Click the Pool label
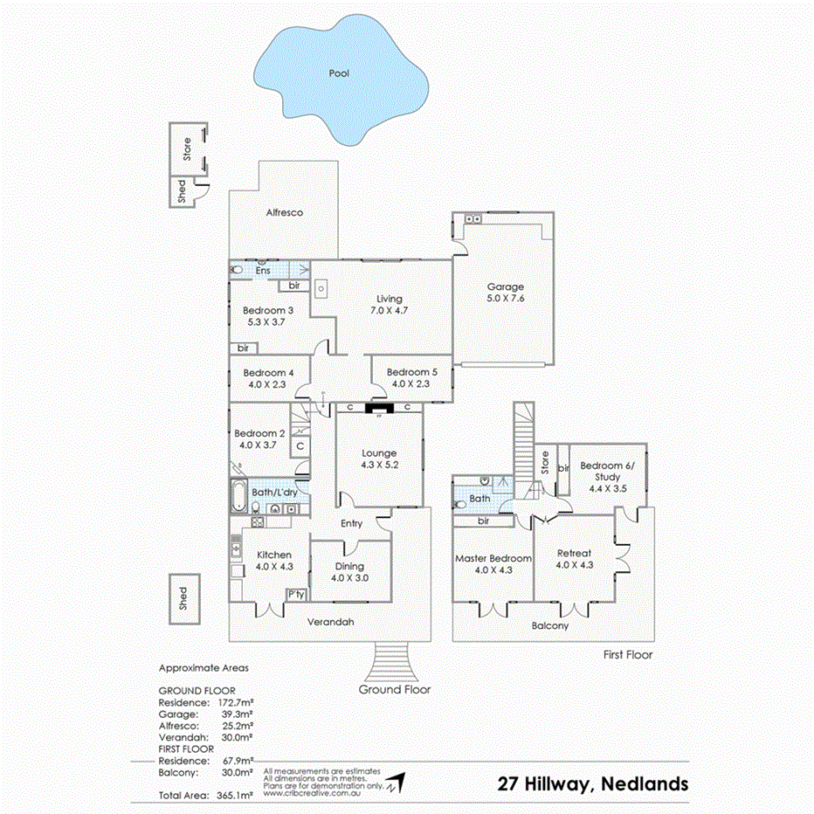point(339,74)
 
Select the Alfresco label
point(285,212)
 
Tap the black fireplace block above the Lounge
point(380,407)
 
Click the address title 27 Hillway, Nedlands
point(592,783)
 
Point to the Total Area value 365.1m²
point(233,796)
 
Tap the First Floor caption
point(627,654)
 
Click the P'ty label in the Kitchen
point(297,595)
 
